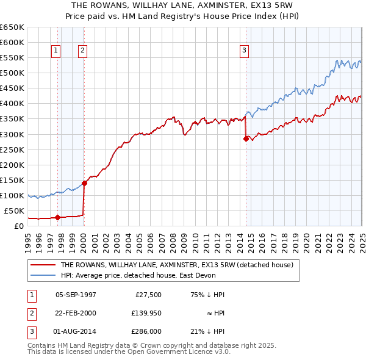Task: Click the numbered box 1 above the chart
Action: [x=56, y=51]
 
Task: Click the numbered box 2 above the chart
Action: [x=82, y=51]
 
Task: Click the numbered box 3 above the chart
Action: [x=244, y=51]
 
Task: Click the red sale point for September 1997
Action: [x=57, y=217]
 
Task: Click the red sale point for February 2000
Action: [x=85, y=183]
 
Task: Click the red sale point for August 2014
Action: [x=246, y=139]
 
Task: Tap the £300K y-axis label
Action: [x=12, y=134]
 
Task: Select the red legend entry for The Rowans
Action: [x=177, y=265]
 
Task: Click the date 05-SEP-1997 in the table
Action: [x=76, y=295]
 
